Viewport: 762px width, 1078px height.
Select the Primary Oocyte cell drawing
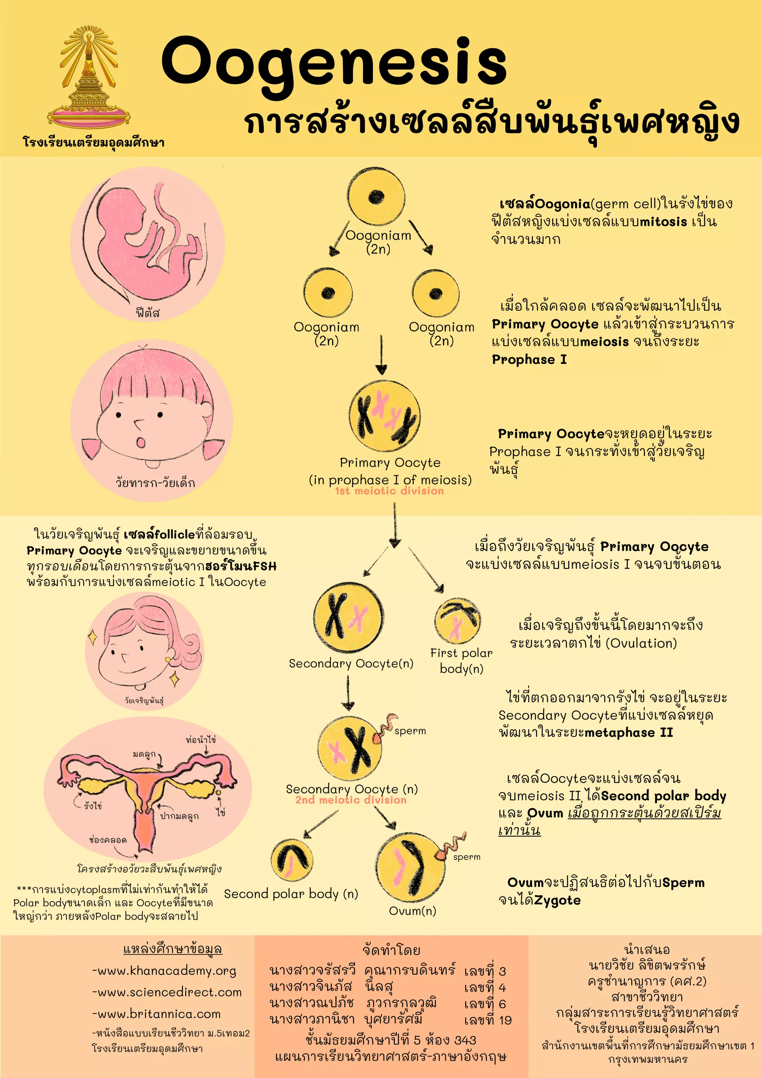point(384,416)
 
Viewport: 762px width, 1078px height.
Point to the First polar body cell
point(458,621)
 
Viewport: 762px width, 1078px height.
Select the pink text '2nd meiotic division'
point(351,800)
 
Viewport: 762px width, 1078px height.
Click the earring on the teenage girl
point(169,660)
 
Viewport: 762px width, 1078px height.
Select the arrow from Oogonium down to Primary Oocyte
point(381,354)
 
